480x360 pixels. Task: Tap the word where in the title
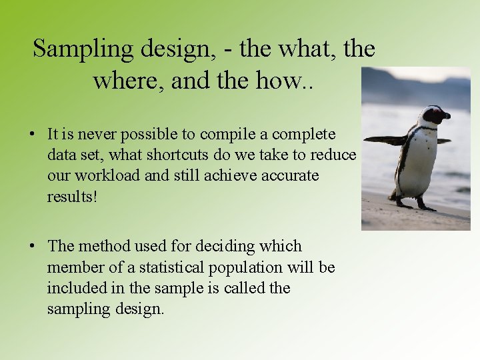(129, 81)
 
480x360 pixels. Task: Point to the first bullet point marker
(32, 135)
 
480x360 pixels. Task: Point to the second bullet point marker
(32, 247)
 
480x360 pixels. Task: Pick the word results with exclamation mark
(73, 197)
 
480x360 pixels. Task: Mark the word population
(251, 267)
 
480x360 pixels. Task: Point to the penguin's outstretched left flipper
(385, 140)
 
